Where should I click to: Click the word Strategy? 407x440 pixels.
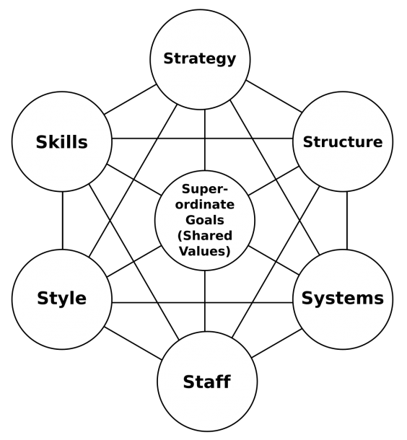(200, 59)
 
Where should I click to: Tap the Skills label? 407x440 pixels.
(62, 142)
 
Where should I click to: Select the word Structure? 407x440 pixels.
(343, 141)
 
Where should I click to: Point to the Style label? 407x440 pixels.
(62, 299)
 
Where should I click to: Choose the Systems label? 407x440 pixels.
(343, 299)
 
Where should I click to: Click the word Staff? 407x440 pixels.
(207, 382)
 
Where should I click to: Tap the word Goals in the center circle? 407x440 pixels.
(205, 220)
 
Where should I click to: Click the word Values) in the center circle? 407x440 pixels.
(205, 251)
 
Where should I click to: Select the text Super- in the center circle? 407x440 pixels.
(205, 190)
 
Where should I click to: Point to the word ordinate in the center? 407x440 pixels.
(205, 204)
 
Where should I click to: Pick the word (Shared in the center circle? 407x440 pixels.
(205, 235)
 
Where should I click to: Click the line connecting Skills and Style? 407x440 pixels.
(63, 221)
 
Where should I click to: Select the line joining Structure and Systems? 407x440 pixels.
(347, 221)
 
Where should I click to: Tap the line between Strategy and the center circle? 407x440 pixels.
(205, 140)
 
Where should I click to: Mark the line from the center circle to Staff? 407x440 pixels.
(205, 301)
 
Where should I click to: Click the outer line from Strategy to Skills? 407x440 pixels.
(130, 100)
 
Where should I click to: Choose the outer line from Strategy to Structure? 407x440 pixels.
(274, 96)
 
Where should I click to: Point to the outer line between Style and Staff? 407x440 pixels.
(133, 343)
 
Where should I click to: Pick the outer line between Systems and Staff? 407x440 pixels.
(276, 343)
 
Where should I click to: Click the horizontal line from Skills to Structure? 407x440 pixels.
(202, 138)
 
